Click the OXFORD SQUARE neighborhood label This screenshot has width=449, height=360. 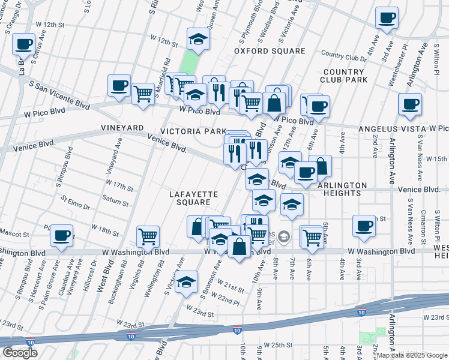tap(270, 51)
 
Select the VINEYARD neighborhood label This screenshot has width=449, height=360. tap(122, 128)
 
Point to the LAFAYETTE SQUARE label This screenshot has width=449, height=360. tap(192, 199)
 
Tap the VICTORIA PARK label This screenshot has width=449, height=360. tap(193, 131)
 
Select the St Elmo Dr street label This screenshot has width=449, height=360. tap(74, 202)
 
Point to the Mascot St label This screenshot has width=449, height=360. tap(14, 233)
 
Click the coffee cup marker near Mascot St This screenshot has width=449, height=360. tap(61, 236)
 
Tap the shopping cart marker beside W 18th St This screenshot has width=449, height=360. tap(148, 236)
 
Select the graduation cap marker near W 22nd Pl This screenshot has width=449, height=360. tap(187, 281)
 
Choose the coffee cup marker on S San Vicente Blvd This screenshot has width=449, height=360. tap(119, 85)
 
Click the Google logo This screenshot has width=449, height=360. tap(20, 353)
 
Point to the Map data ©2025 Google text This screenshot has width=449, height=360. tap(411, 355)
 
